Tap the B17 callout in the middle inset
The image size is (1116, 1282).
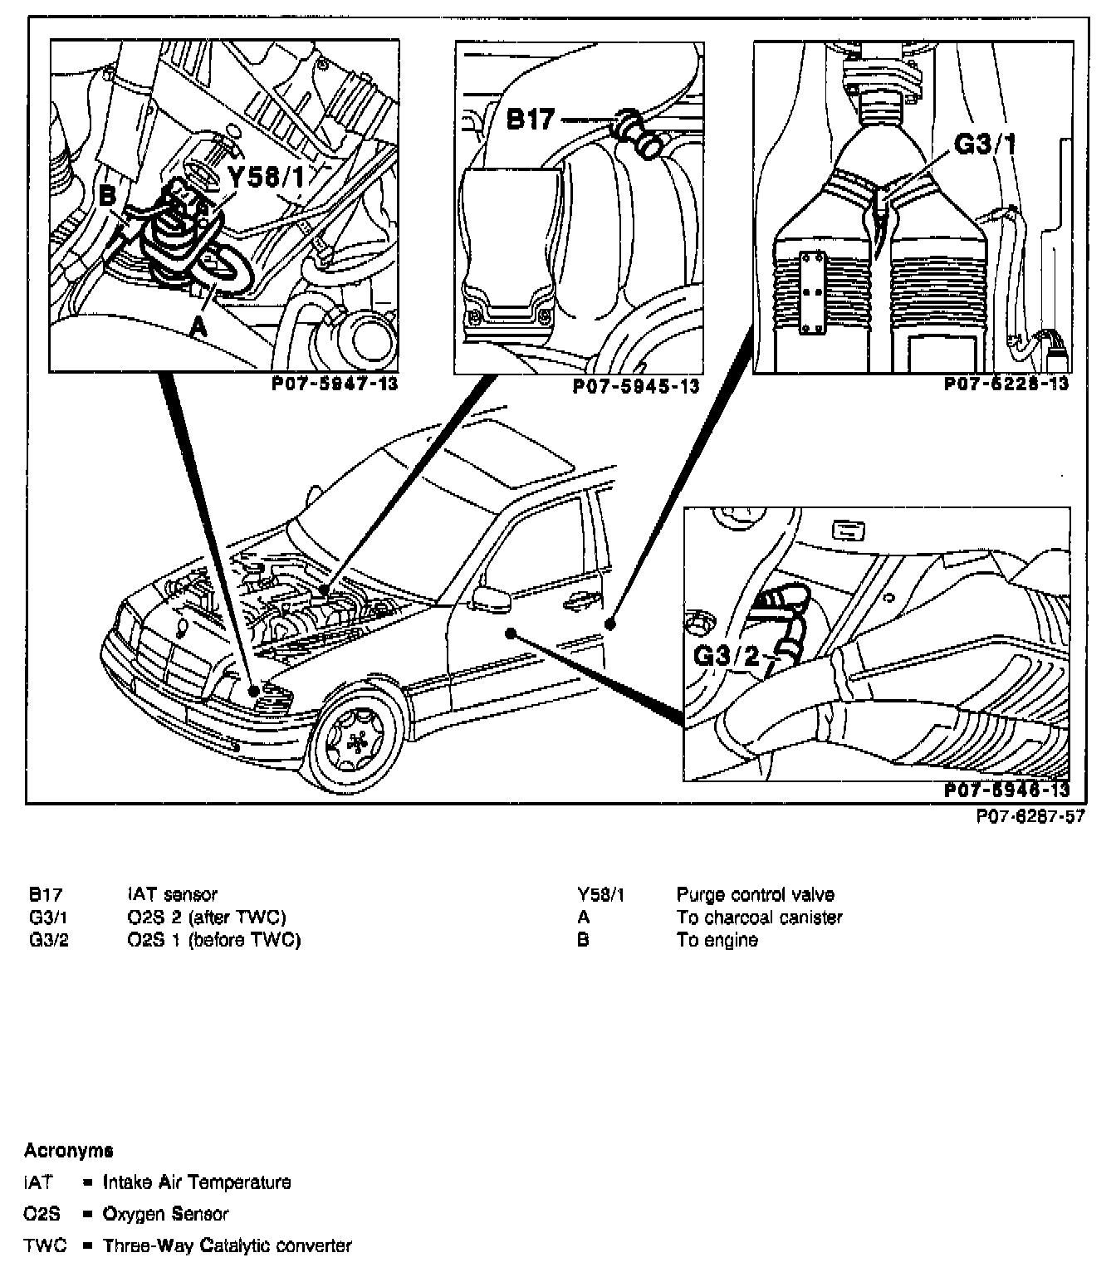pyautogui.click(x=530, y=120)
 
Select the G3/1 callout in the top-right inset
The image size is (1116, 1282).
pyautogui.click(x=986, y=144)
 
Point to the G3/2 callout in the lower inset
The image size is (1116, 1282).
pyautogui.click(x=727, y=656)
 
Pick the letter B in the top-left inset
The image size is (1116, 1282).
pyautogui.click(x=108, y=197)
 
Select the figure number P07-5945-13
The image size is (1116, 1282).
pyautogui.click(x=636, y=386)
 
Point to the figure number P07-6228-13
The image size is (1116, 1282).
pyautogui.click(x=1006, y=384)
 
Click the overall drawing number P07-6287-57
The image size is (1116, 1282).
pyautogui.click(x=1030, y=816)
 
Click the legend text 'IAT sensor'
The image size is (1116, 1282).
pyautogui.click(x=172, y=894)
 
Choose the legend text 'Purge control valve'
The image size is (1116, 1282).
pyautogui.click(x=755, y=894)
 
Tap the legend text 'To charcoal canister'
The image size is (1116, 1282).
pyautogui.click(x=759, y=917)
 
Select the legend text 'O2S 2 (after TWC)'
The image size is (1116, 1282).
pyautogui.click(x=206, y=917)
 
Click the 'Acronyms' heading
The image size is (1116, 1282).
pyautogui.click(x=68, y=1150)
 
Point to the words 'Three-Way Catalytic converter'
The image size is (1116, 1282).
pyautogui.click(x=227, y=1245)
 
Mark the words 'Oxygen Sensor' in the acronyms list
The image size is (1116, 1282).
pyautogui.click(x=165, y=1214)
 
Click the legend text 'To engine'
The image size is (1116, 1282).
pyautogui.click(x=717, y=940)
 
